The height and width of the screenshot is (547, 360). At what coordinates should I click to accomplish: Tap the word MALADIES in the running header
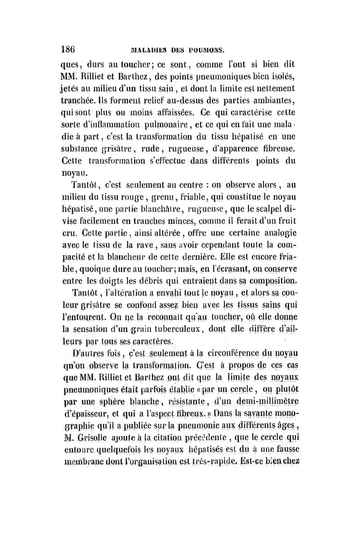[145, 49]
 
